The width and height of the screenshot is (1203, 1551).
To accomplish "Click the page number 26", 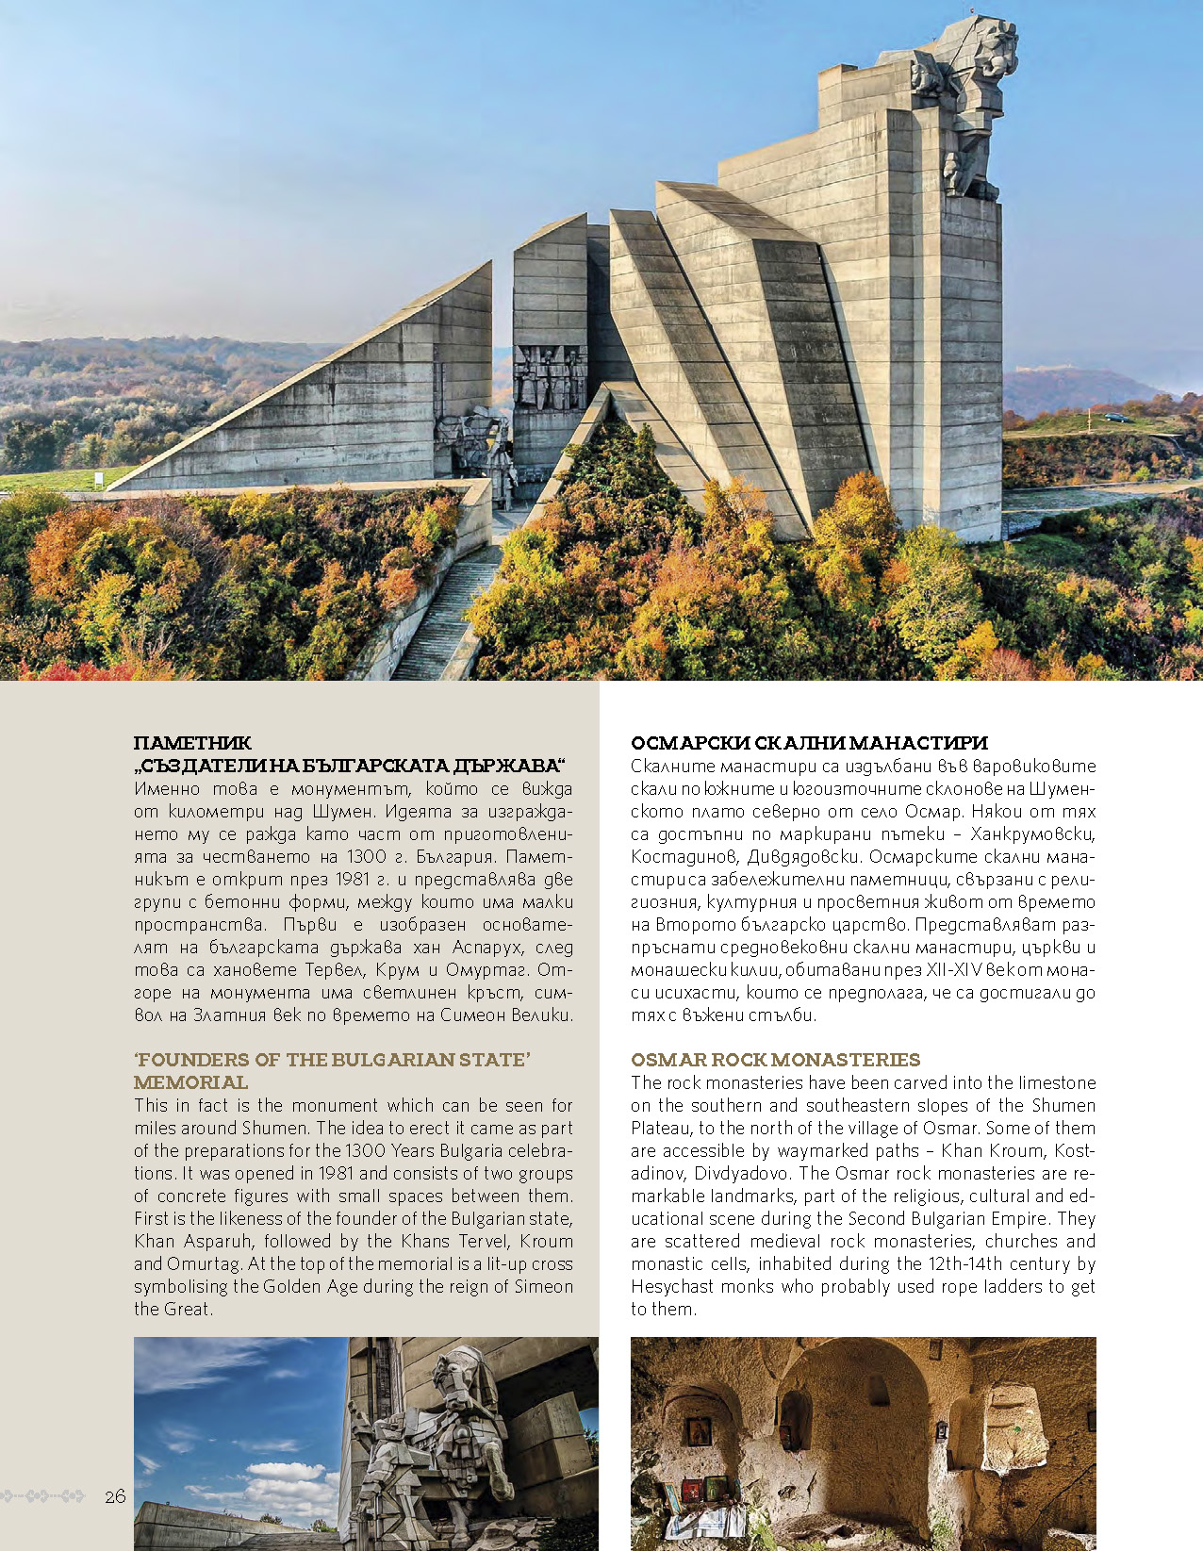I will pos(115,1496).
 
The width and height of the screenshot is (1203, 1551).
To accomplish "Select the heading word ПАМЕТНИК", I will pos(192,743).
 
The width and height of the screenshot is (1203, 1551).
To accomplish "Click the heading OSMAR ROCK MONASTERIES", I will pos(775,1060).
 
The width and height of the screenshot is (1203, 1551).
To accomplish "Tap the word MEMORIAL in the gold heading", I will pos(190,1082).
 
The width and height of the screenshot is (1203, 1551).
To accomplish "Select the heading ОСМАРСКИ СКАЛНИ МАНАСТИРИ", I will pos(809,743).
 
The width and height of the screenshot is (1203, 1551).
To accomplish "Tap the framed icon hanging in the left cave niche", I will pos(699,1430).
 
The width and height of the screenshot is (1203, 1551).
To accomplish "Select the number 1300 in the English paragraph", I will pos(366,1150).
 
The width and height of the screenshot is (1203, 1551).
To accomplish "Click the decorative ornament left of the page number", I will pos(43,1496).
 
